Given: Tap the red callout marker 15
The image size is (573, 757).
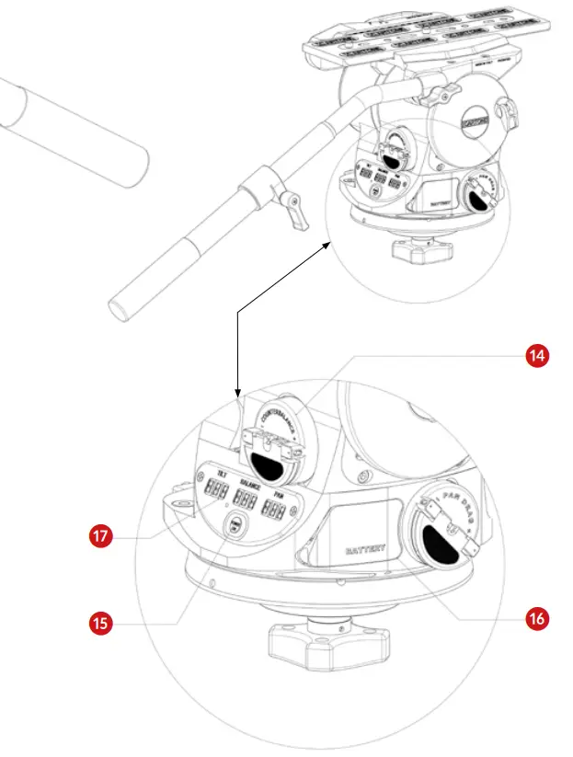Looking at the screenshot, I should point(103,623).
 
